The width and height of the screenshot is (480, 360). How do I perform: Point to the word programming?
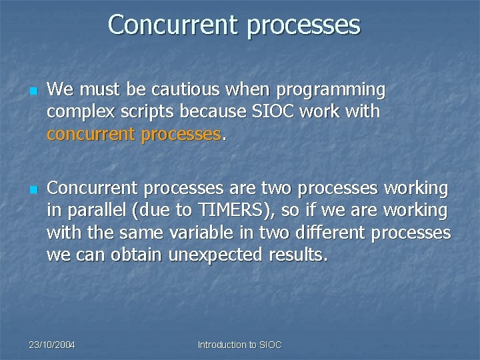click(x=331, y=90)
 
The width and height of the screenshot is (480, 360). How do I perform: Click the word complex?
click(x=75, y=112)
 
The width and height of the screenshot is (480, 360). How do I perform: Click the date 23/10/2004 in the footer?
click(x=52, y=345)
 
